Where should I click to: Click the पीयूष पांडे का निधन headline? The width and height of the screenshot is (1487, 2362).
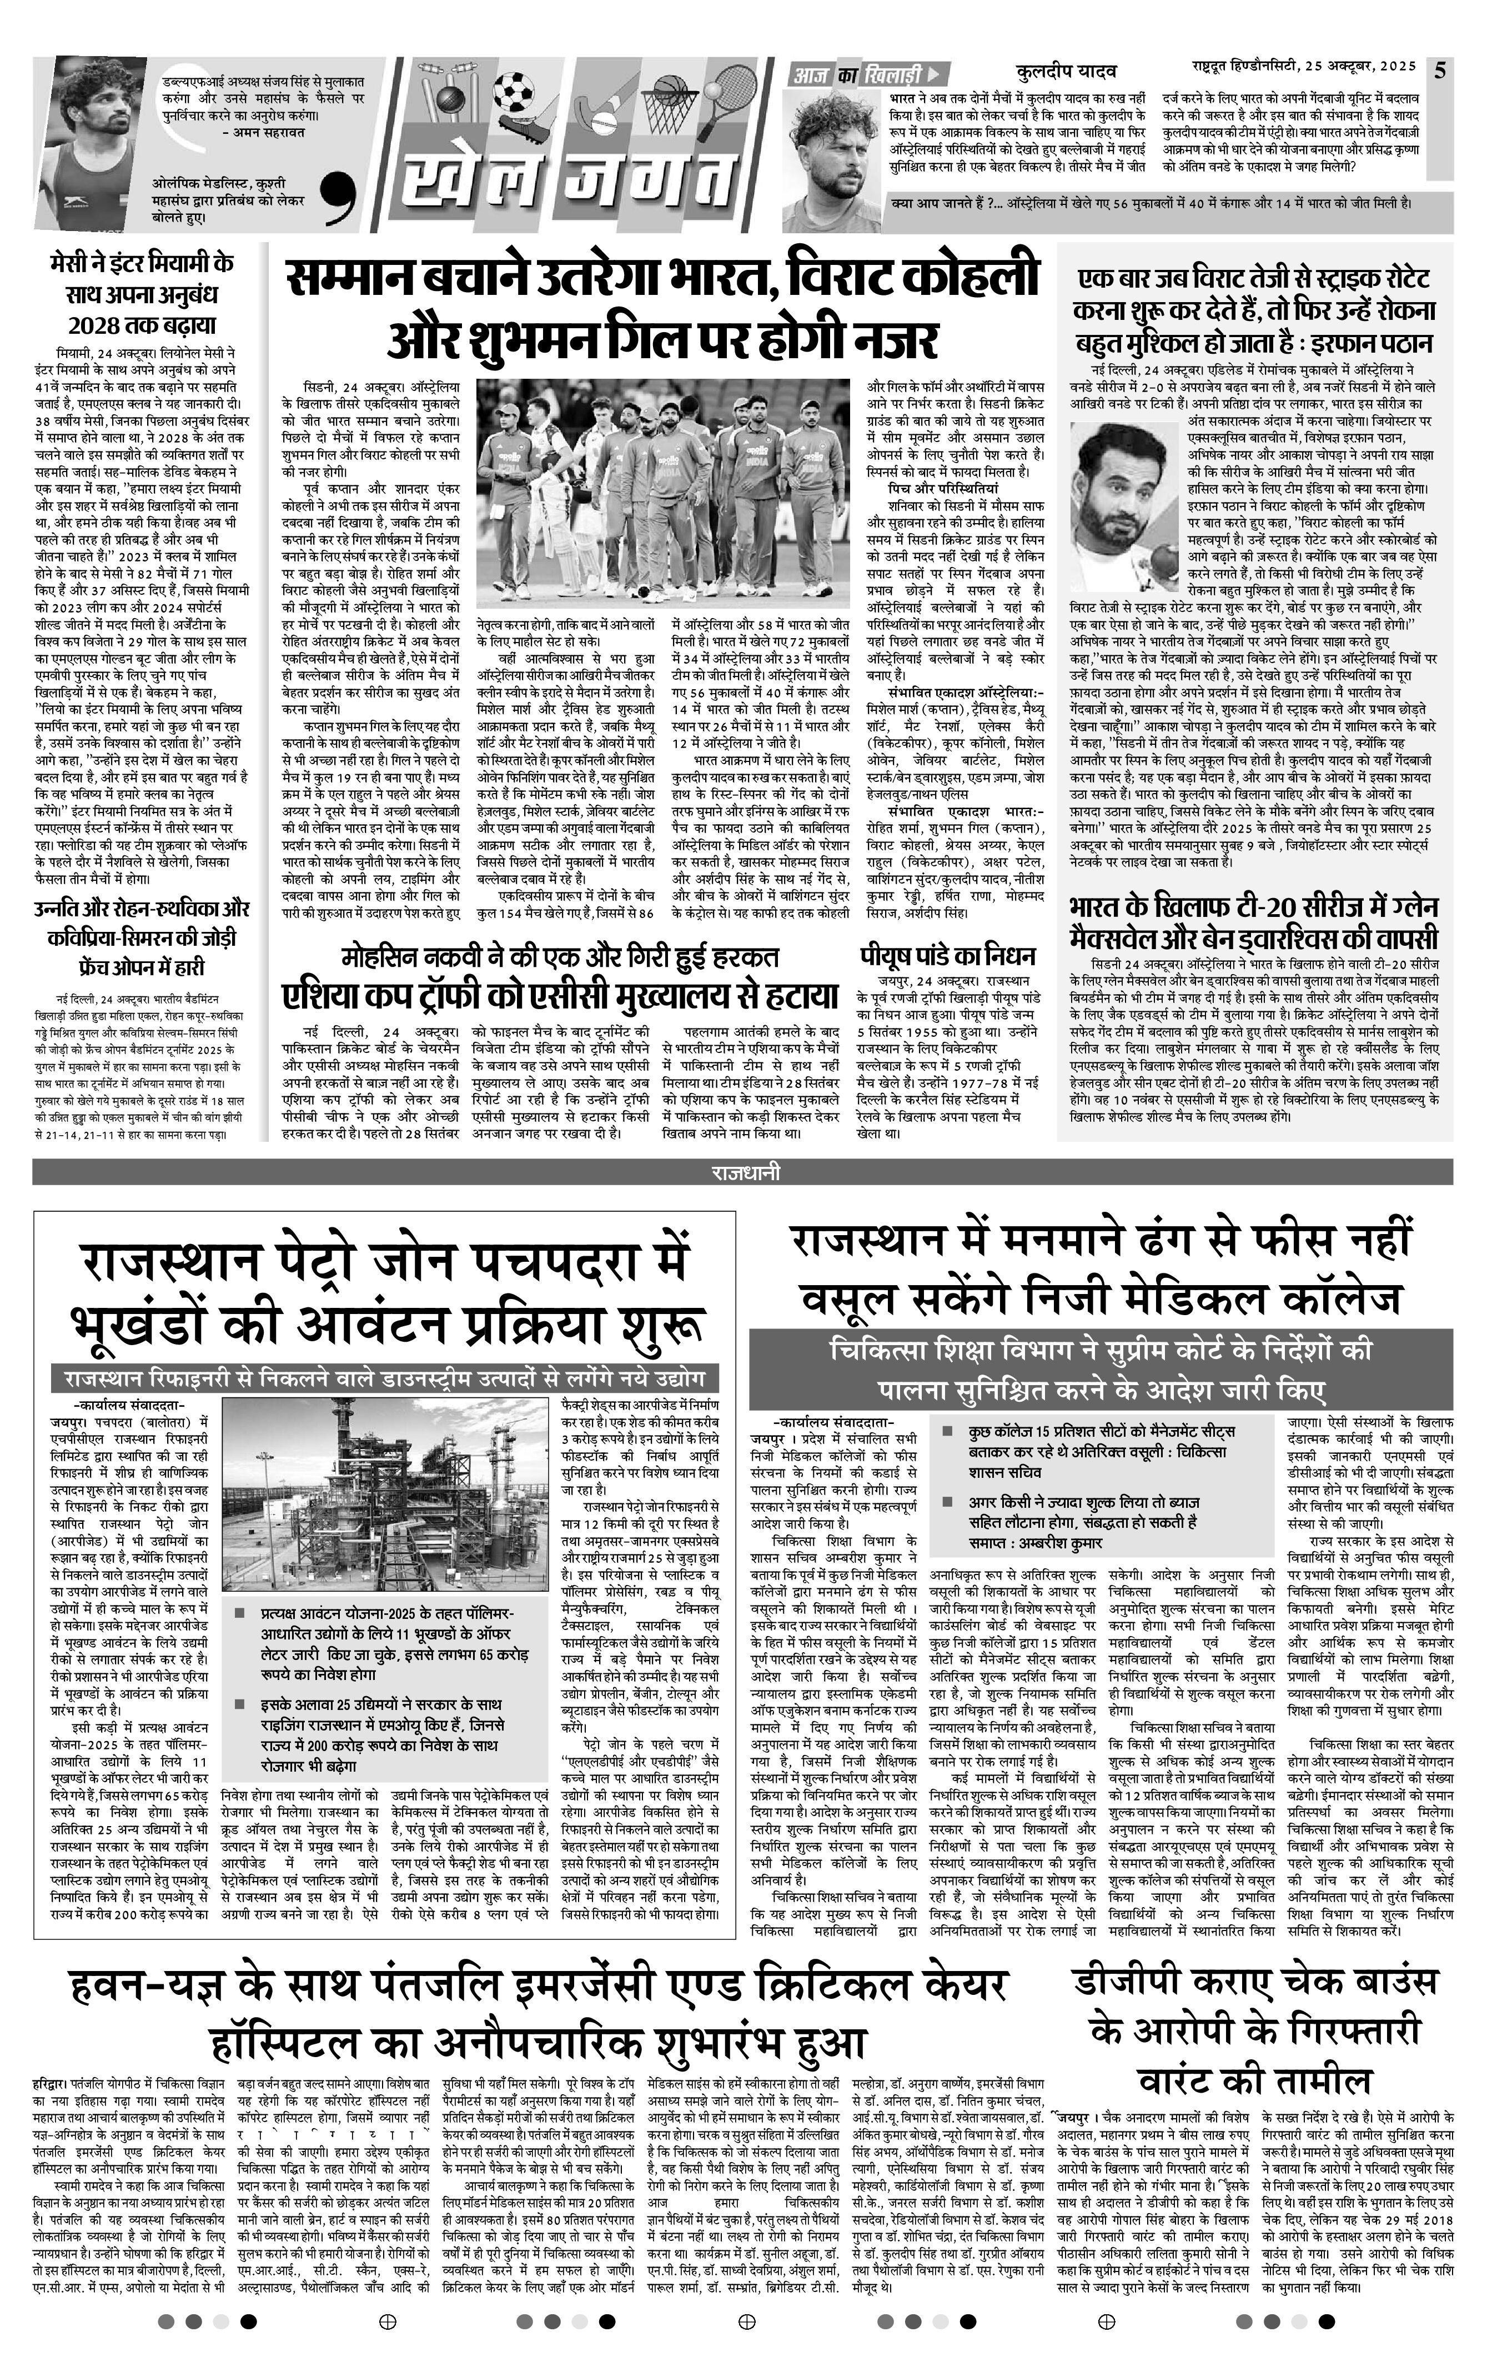point(947,955)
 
